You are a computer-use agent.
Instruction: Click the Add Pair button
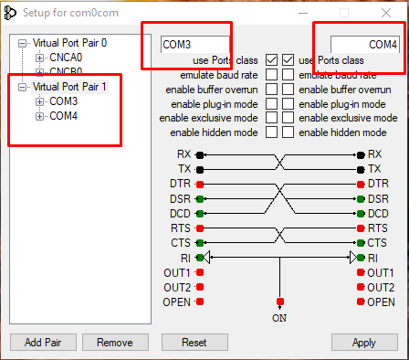43,343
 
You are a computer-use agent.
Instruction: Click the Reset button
194,343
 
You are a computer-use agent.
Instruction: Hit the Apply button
364,343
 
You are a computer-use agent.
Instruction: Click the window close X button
386,13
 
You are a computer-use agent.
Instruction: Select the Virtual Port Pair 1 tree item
69,87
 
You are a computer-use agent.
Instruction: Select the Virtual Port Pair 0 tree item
69,43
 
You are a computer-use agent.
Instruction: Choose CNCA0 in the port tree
66,58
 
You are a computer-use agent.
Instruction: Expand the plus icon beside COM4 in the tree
39,116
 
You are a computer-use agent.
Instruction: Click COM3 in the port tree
64,101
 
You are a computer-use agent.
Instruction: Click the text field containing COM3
195,45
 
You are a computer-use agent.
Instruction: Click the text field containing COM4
365,45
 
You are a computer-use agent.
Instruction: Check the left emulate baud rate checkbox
271,75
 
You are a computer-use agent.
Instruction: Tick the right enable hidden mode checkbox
288,132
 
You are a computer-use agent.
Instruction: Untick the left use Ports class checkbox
271,60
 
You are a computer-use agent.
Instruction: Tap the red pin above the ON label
280,302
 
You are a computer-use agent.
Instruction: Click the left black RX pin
200,155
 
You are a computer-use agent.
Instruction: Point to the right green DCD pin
361,214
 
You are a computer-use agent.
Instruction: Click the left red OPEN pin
200,302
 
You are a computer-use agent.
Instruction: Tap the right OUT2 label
381,288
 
